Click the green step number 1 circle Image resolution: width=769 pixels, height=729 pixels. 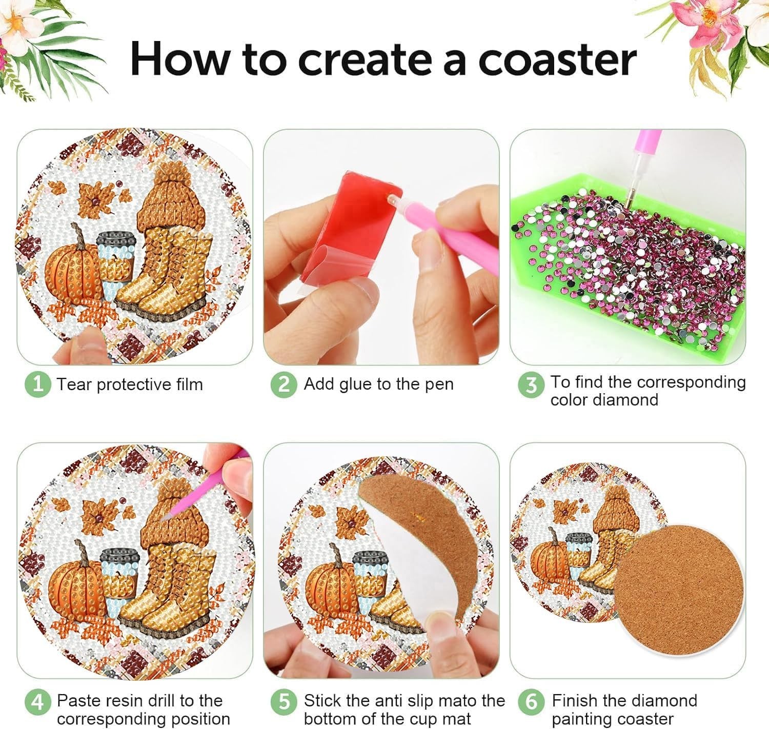click(x=38, y=384)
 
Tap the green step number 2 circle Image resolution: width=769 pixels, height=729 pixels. click(x=284, y=384)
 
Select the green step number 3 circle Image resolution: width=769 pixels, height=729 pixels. click(x=531, y=385)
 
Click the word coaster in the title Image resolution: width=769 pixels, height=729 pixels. click(x=557, y=59)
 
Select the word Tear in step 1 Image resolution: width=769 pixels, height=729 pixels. click(x=74, y=384)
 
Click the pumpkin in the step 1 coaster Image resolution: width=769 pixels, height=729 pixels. click(x=73, y=272)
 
